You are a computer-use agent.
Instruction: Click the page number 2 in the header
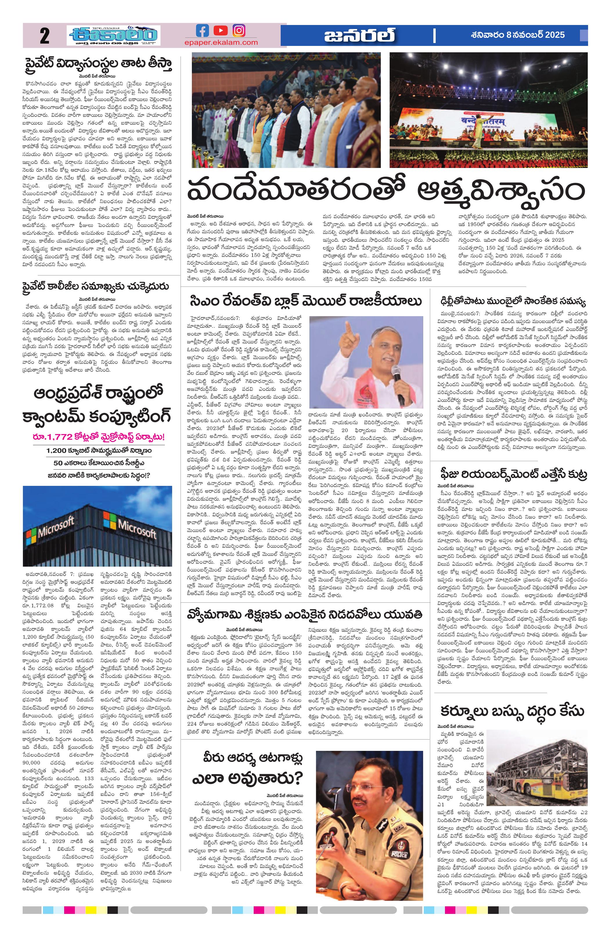pyautogui.click(x=44, y=36)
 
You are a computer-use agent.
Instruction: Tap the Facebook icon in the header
pyautogui.click(x=202, y=31)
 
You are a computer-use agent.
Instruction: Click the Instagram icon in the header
pyautogui.click(x=239, y=31)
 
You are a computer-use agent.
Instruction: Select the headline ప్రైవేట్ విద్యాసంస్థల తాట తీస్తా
pyautogui.click(x=98, y=64)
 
